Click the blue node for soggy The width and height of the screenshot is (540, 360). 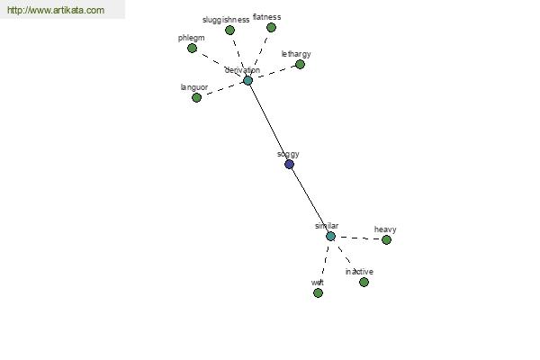pos(289,165)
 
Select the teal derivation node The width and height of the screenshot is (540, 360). pos(248,81)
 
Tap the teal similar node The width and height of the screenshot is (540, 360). pos(330,237)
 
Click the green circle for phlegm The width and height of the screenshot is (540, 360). pos(193,49)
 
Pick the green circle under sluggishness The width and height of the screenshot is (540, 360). pos(229,31)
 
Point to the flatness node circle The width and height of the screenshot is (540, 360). pos(272,28)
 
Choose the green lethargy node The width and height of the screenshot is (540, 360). pos(300,65)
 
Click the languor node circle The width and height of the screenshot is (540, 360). pos(196,98)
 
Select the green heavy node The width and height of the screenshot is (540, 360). pos(386,239)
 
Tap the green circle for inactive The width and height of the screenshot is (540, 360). pos(364,283)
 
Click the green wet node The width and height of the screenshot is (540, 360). pos(319,293)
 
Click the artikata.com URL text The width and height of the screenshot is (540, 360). pos(56,10)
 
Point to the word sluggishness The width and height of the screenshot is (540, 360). pos(226,20)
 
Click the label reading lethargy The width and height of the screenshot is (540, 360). pos(296,54)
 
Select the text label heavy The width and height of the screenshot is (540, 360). pos(385,229)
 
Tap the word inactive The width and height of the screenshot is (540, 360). pos(359,272)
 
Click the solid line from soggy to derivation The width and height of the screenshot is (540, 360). pos(268,122)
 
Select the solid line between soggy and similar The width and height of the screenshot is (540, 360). pos(310,200)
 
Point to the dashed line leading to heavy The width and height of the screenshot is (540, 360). pos(358,238)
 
